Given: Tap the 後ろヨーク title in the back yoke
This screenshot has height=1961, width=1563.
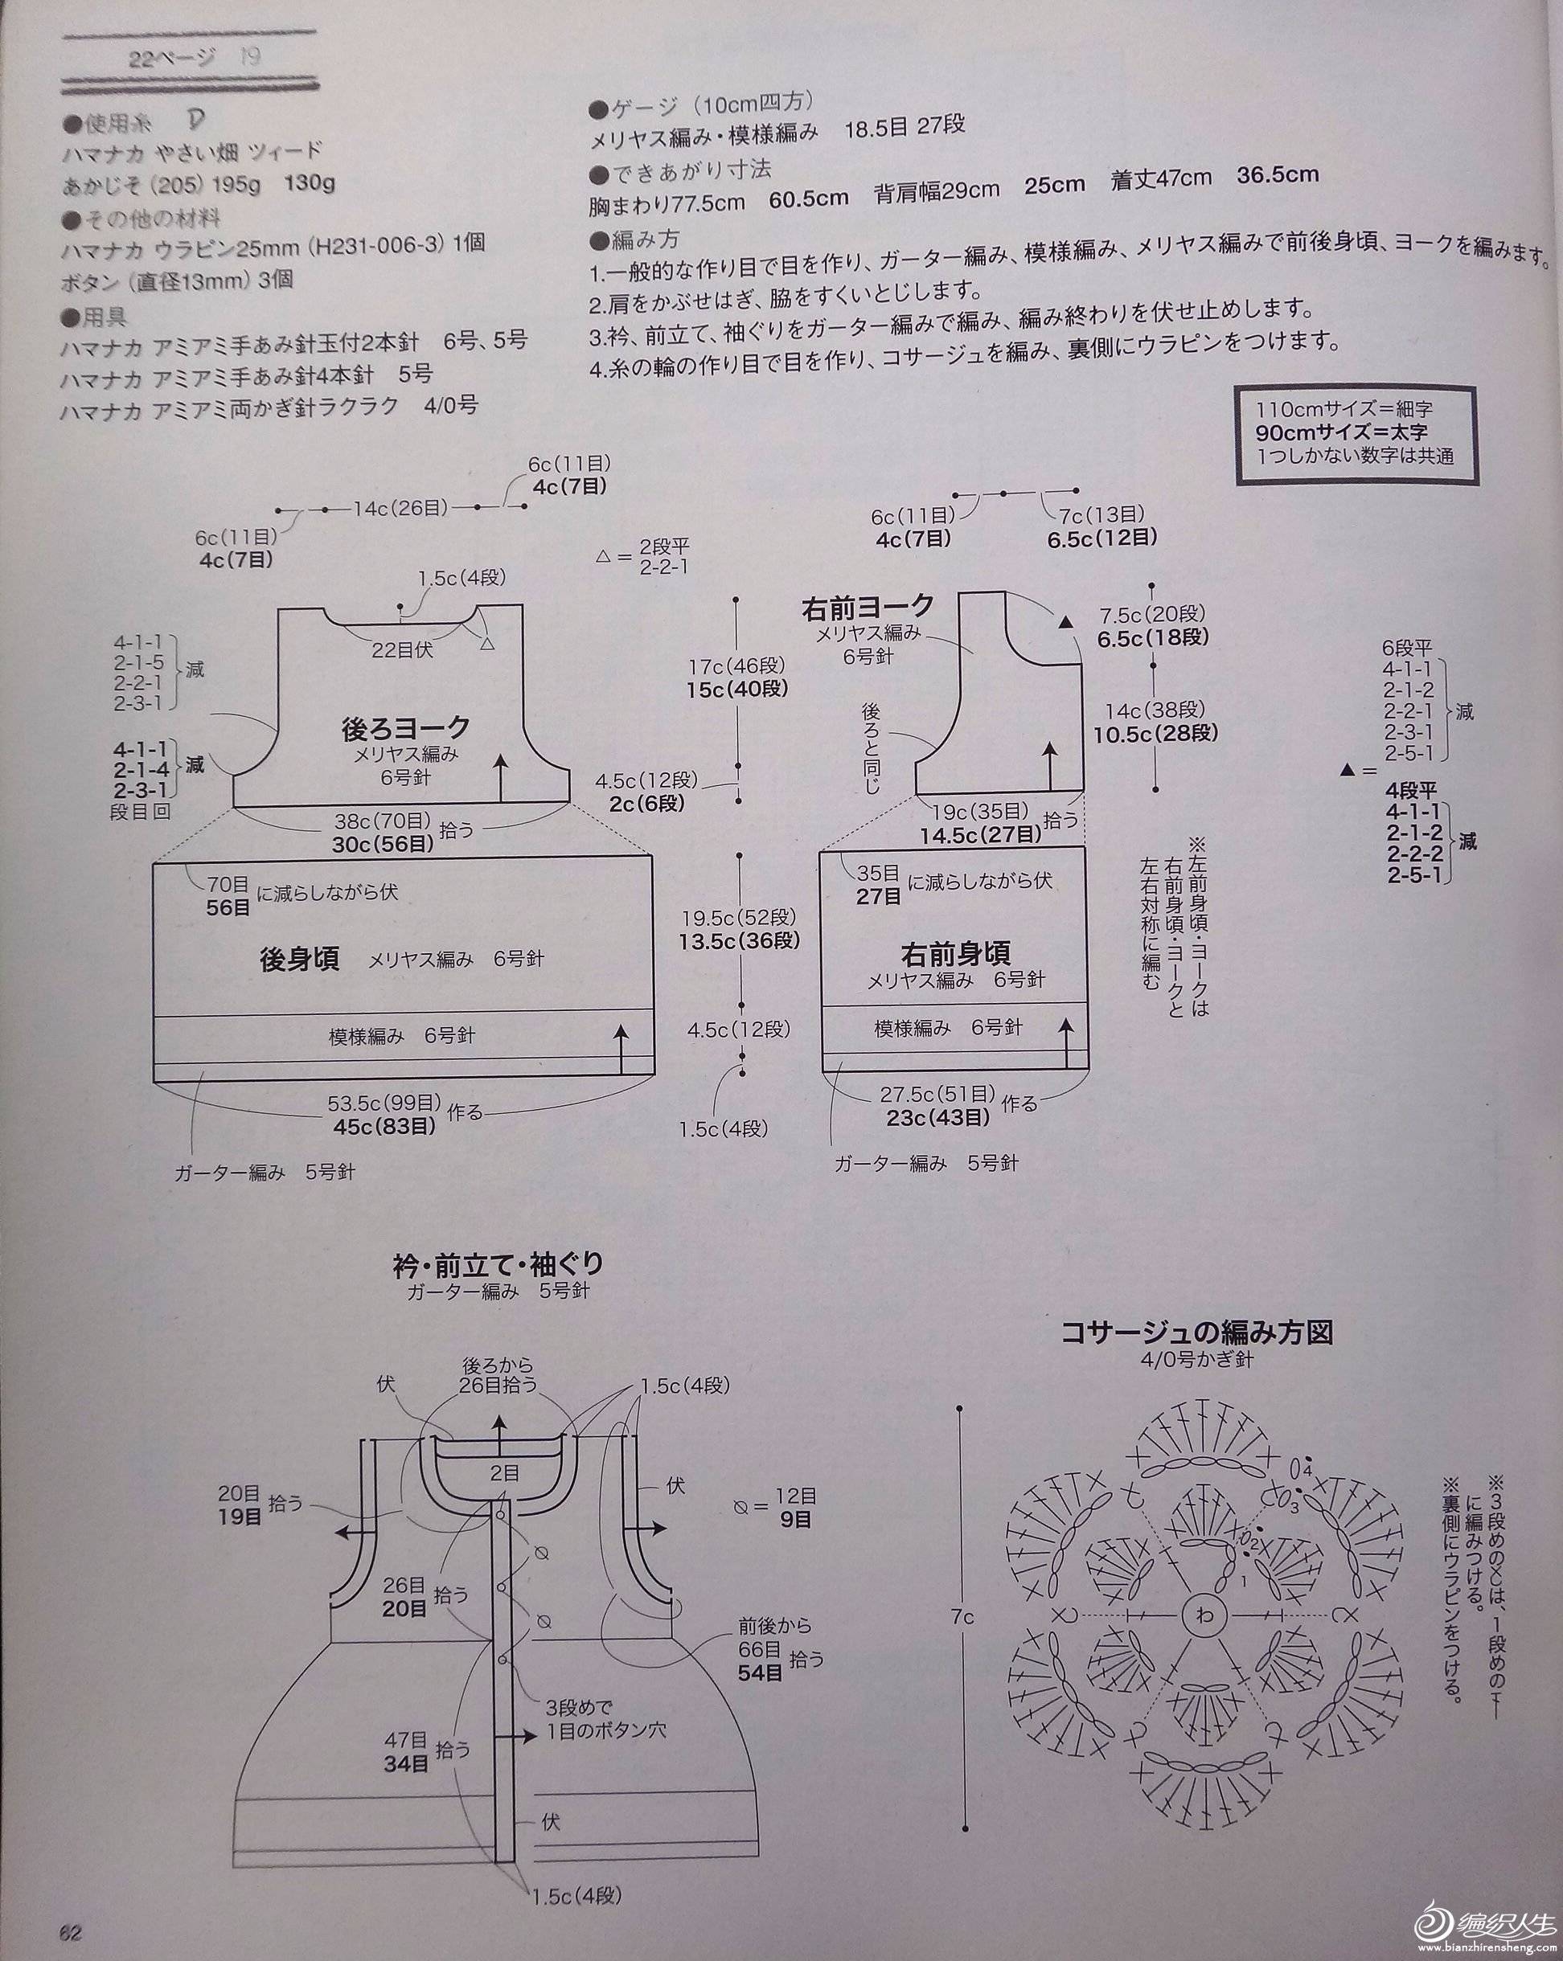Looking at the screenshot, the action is coord(406,727).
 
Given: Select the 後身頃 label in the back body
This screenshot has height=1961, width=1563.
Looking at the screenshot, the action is coord(299,960).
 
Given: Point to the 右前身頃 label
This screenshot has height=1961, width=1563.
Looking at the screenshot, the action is coord(955,952).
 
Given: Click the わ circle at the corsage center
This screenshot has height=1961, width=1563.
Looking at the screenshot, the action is coord(1205,1615).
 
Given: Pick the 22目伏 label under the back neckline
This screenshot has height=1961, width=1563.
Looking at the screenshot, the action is coord(401,649).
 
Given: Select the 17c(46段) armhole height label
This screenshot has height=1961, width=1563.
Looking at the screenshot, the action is coord(738,665).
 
